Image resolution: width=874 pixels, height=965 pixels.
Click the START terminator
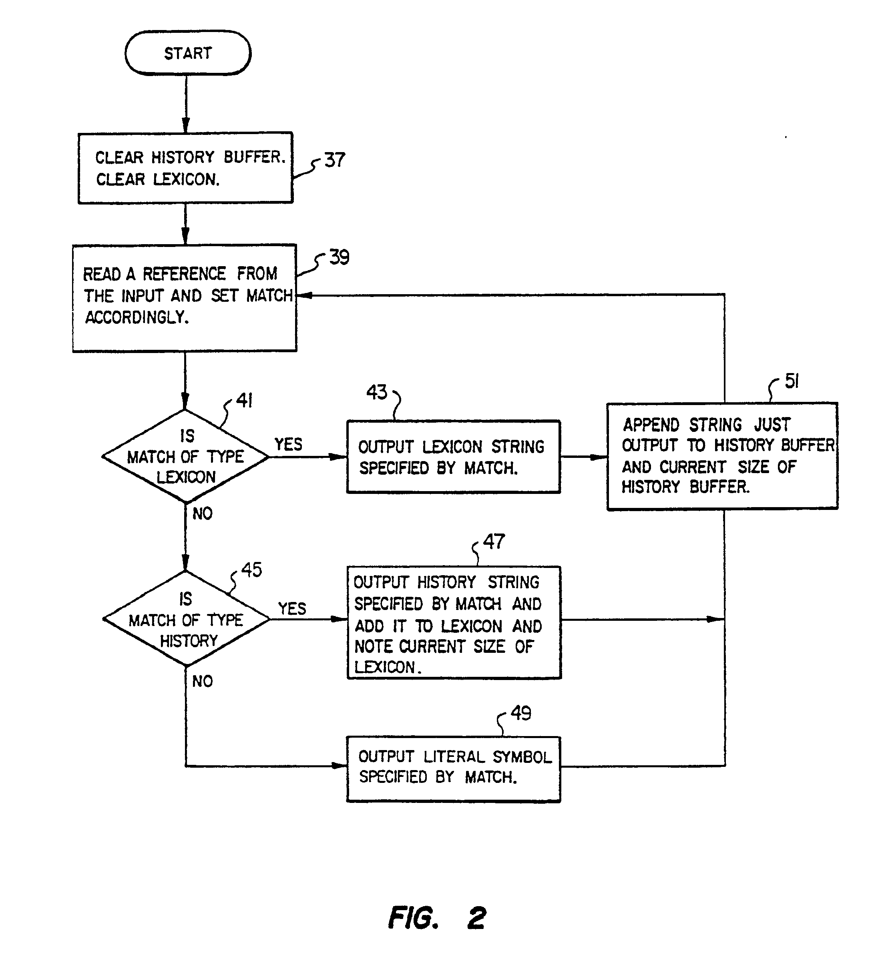point(188,53)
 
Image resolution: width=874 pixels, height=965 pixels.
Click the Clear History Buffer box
point(185,168)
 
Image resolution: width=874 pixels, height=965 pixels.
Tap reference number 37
point(334,160)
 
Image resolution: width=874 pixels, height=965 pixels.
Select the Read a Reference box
point(185,298)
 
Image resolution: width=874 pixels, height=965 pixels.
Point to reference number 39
point(339,257)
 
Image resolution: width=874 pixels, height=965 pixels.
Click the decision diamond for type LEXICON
point(185,456)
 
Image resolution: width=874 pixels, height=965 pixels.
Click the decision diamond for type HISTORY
point(186,619)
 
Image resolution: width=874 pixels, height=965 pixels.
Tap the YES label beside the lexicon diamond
point(288,444)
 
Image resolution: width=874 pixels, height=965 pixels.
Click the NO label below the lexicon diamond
point(202,514)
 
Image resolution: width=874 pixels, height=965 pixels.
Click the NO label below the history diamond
point(202,681)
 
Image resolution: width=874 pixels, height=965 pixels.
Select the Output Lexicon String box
point(453,457)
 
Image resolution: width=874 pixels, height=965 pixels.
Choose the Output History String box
point(454,622)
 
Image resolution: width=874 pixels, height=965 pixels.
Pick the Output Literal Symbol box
point(453,769)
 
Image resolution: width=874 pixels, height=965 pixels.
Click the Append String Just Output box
point(722,456)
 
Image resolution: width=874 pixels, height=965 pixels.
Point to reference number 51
point(792,381)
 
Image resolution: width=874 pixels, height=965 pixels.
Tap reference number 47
point(494,542)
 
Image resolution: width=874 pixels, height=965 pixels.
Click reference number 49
point(520,713)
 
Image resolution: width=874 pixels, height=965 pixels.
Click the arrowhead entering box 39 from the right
point(305,295)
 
